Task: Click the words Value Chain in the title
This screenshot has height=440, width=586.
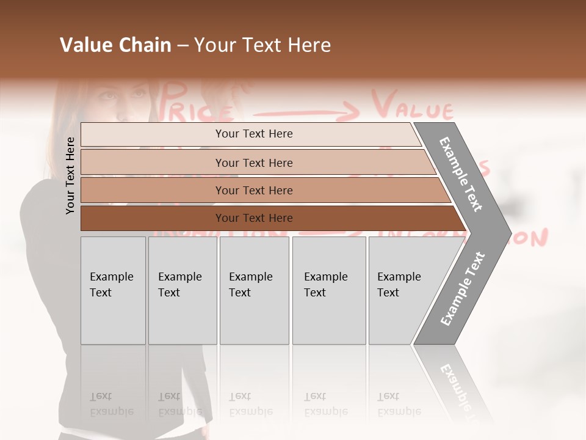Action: (115, 45)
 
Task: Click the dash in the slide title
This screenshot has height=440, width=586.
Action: (183, 46)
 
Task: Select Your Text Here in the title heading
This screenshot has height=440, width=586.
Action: (262, 45)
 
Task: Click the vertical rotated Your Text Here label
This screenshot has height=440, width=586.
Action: (70, 175)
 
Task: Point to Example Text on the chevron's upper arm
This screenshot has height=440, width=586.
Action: (461, 174)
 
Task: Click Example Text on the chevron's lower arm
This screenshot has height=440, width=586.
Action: (462, 288)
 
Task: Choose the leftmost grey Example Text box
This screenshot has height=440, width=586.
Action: (113, 290)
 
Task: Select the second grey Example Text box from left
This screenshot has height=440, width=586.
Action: (183, 290)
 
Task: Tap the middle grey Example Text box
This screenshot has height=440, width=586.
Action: (254, 290)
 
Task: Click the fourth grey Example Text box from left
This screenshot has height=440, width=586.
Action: (329, 290)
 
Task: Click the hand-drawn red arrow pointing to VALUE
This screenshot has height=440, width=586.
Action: (305, 112)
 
